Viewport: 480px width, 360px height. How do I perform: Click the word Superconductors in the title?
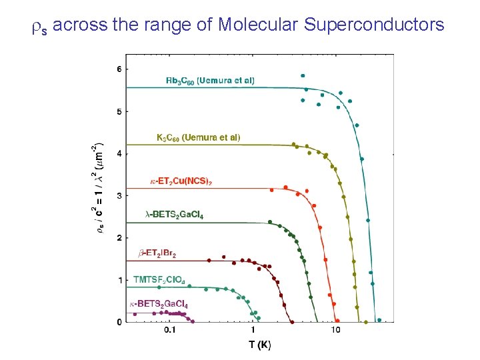tap(374, 25)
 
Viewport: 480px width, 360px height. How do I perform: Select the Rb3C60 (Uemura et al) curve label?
tap(210, 81)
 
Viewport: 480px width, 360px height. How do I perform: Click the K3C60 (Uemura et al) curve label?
tap(198, 137)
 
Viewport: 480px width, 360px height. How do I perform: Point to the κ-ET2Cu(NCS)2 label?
tap(181, 181)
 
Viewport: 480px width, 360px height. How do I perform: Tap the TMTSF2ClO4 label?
tap(159, 279)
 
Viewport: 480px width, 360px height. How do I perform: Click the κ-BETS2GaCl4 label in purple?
tap(159, 305)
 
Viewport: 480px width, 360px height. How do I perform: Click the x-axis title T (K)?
tap(260, 345)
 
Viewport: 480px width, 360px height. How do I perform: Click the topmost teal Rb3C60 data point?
tap(303, 76)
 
